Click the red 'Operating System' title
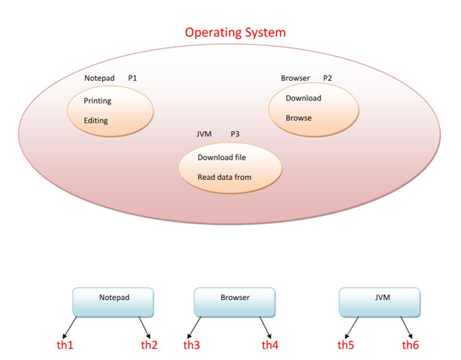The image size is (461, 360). [x=235, y=33]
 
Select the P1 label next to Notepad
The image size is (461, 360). [x=133, y=79]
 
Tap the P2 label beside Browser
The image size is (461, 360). [x=327, y=78]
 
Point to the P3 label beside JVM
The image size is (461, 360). [x=235, y=134]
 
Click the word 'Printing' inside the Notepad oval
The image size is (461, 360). [x=98, y=101]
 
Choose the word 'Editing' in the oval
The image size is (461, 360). [x=96, y=121]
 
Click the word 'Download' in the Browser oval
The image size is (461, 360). [x=303, y=98]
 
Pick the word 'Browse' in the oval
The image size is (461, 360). [x=299, y=118]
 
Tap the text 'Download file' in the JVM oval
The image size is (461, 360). [x=222, y=157]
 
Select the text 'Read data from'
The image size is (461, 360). [x=225, y=177]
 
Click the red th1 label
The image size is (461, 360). [x=65, y=344]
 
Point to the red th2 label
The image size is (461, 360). [x=149, y=344]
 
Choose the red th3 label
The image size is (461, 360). [x=192, y=344]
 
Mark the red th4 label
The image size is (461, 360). [x=270, y=344]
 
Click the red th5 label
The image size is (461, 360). [x=346, y=344]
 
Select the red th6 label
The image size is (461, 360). [x=410, y=344]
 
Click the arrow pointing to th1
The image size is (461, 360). [x=69, y=326]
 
